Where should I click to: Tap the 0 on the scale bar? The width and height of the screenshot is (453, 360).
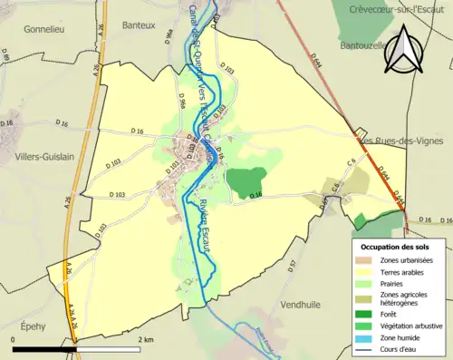[14, 338]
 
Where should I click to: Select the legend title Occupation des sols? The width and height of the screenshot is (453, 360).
[395, 246]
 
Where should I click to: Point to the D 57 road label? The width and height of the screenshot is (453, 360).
[293, 266]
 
